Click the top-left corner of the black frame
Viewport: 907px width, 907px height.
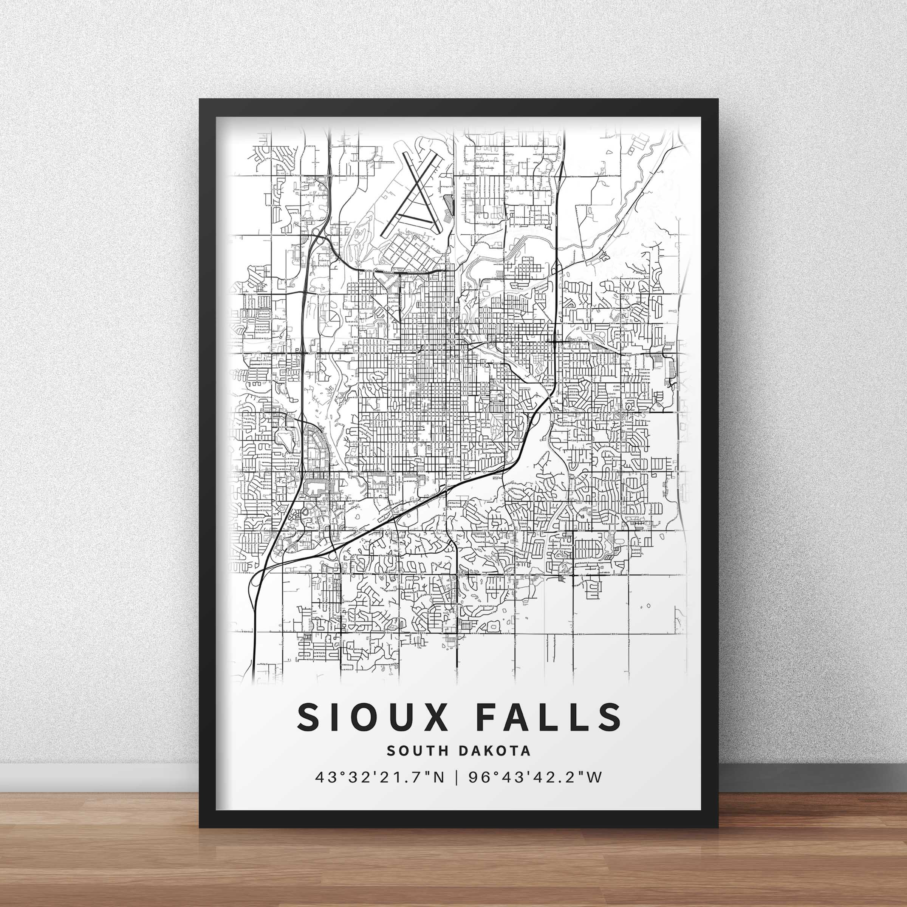pyautogui.click(x=200, y=99)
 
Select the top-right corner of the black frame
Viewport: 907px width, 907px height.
pyautogui.click(x=718, y=99)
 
